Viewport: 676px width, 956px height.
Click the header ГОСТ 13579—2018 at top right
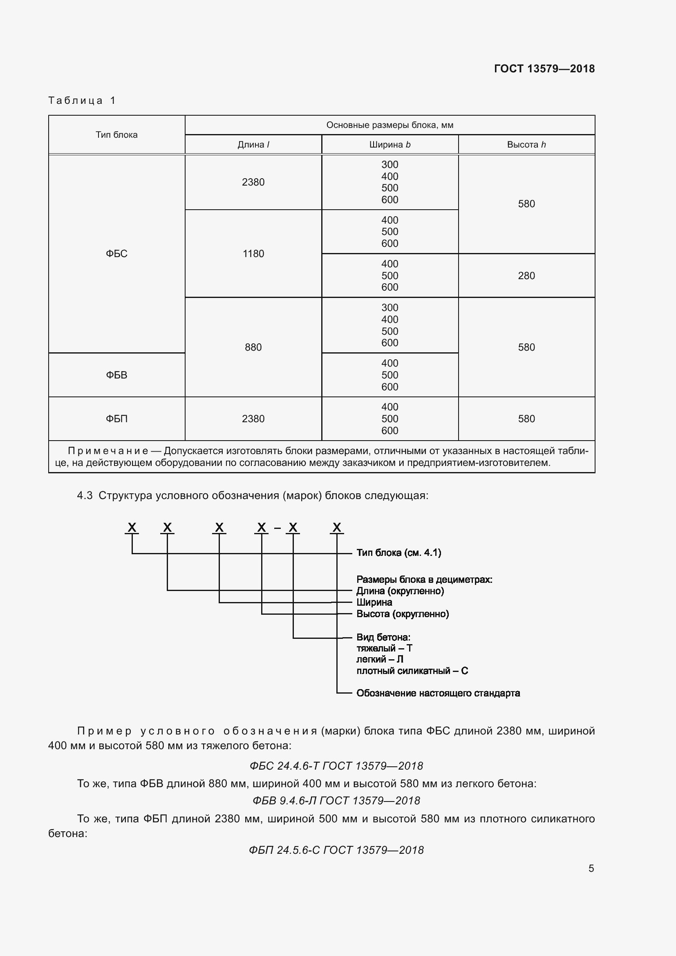pos(544,69)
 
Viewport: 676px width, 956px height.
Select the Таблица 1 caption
pos(82,101)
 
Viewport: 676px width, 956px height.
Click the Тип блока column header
pos(116,134)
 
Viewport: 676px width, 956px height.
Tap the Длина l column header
pos(253,144)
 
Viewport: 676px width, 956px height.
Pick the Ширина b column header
pos(389,144)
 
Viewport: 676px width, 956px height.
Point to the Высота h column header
pos(526,144)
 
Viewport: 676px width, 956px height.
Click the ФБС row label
pos(116,253)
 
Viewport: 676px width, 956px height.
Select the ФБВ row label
pos(116,375)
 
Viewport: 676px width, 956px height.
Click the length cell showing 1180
pos(253,253)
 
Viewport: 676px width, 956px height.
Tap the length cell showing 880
pos(253,347)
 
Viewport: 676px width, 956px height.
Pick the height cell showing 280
pos(526,275)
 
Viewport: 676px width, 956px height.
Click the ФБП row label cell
pos(116,419)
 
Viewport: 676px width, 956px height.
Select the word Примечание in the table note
pos(108,451)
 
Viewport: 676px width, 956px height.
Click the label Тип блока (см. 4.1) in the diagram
pos(398,553)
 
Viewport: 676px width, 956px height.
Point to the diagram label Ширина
pos(374,602)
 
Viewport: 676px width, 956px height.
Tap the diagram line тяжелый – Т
pos(384,648)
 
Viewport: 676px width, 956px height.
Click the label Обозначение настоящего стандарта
pos(438,693)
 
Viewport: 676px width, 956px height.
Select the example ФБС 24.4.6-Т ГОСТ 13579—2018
pos(336,766)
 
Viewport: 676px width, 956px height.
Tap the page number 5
pos(591,868)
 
